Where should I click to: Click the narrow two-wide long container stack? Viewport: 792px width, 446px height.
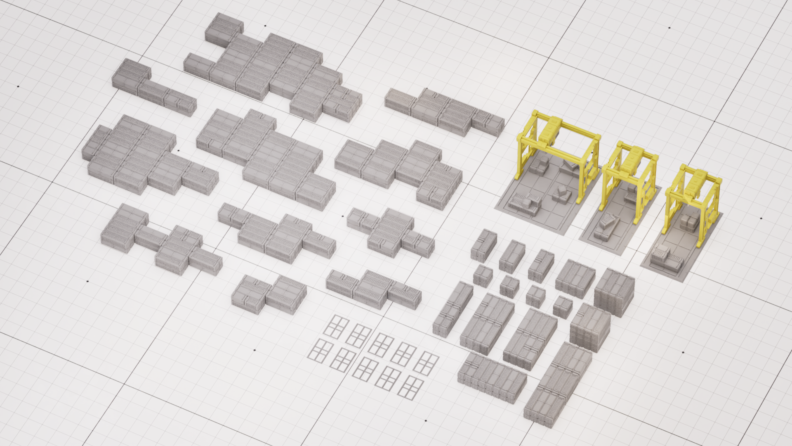point(453,308)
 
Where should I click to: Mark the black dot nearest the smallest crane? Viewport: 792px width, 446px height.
point(761,218)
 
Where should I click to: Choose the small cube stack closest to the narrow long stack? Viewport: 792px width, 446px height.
point(483,276)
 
